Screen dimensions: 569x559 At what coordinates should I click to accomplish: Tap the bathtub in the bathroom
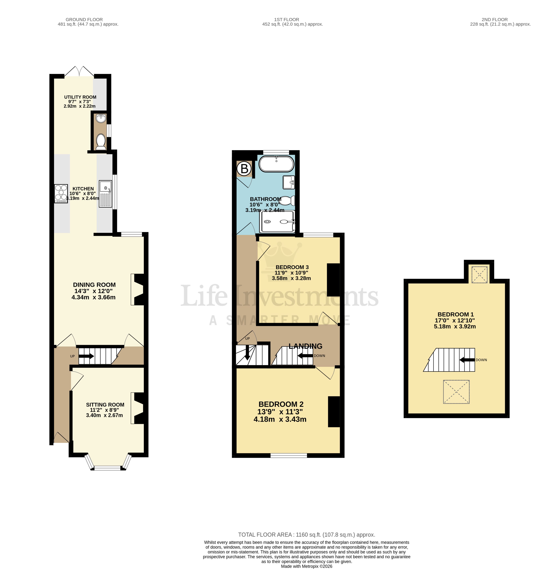click(276, 164)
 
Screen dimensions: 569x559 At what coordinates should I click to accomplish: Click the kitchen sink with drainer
click(105, 194)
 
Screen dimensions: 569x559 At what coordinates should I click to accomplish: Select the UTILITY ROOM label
click(80, 97)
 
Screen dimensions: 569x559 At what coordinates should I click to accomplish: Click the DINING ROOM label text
click(94, 284)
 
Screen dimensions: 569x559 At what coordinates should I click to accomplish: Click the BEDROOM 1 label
click(455, 314)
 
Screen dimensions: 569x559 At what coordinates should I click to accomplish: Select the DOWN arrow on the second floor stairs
click(467, 360)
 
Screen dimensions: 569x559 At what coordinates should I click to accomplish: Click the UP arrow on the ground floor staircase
click(86, 356)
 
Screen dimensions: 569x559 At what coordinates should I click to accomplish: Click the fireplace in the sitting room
click(138, 408)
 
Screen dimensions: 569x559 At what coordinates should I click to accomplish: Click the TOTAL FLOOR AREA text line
click(306, 535)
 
